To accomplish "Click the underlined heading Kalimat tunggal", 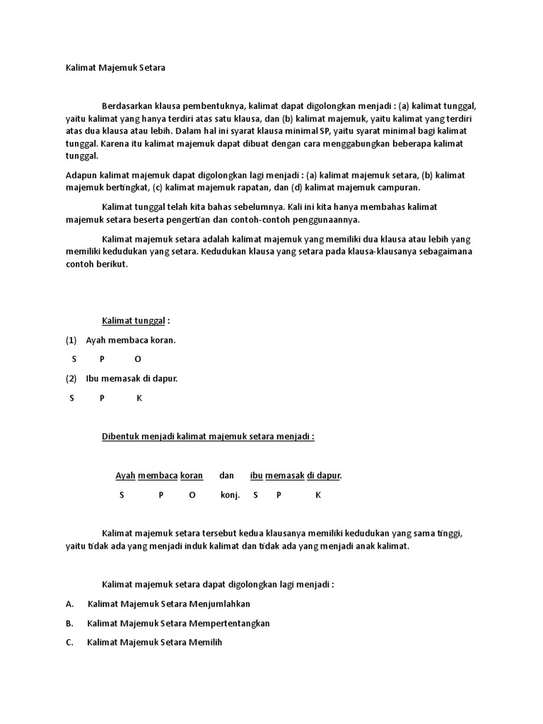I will pyautogui.click(x=133, y=321).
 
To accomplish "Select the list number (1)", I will pyautogui.click(x=71, y=340).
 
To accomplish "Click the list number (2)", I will pyautogui.click(x=71, y=378).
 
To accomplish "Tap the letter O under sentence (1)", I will pyautogui.click(x=137, y=359).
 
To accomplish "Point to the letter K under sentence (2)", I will pyautogui.click(x=139, y=397).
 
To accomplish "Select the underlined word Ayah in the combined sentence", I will pyautogui.click(x=125, y=476).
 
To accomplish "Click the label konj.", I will pyautogui.click(x=230, y=495).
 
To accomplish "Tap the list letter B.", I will pyautogui.click(x=69, y=624).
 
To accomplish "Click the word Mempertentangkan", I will pyautogui.click(x=230, y=624).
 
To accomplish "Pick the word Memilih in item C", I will pyautogui.click(x=206, y=643).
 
